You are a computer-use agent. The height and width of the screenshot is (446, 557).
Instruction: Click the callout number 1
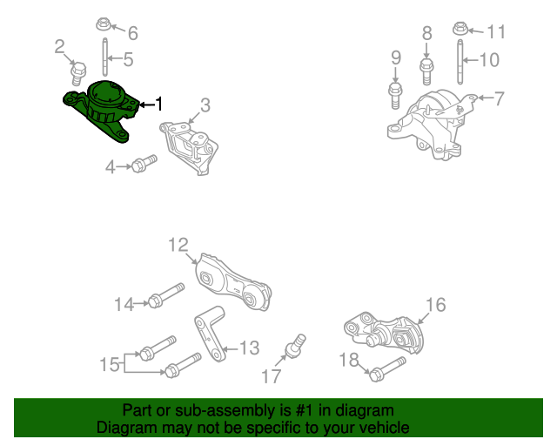158,105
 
